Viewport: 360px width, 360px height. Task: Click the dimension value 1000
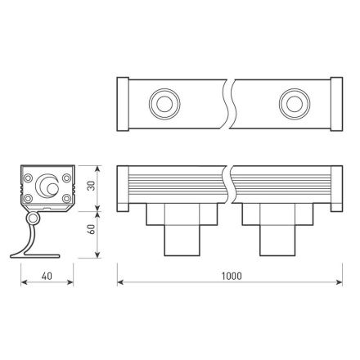pyautogui.click(x=231, y=276)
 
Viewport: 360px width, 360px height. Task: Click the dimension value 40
pyautogui.click(x=47, y=276)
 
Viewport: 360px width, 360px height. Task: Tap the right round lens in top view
pyautogui.click(x=291, y=103)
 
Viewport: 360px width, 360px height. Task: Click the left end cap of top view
pyautogui.click(x=122, y=103)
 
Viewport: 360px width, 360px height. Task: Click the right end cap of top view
pyautogui.click(x=336, y=103)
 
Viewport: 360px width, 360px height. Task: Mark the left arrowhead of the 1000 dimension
pyautogui.click(x=121, y=283)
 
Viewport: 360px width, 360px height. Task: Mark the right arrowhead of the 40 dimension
pyautogui.click(x=73, y=283)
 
